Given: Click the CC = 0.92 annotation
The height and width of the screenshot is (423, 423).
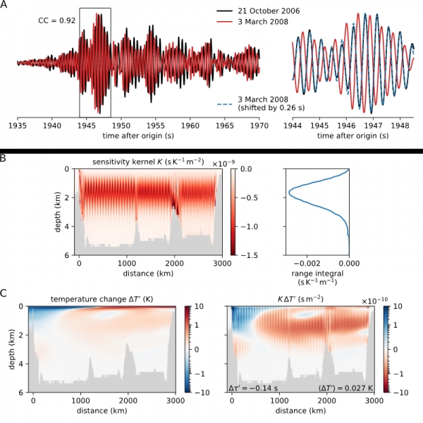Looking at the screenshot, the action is click(57, 20).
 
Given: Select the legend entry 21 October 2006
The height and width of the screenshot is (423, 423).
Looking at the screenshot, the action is click(269, 11).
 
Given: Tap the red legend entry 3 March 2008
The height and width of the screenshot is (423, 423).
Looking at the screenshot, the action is click(263, 22).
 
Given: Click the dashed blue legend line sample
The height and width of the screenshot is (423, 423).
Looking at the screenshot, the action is click(224, 104).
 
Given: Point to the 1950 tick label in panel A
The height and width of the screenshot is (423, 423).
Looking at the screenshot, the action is click(121, 125).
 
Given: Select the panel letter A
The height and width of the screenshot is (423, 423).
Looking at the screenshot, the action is click(4, 5).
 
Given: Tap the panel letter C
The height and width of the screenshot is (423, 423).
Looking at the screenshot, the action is click(3, 293).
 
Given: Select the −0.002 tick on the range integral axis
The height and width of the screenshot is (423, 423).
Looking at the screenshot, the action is click(307, 263).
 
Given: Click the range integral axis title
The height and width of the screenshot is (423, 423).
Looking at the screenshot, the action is click(317, 278).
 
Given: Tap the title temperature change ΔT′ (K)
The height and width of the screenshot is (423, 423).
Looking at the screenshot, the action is click(102, 299).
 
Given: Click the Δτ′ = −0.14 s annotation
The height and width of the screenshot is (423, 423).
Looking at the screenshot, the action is click(253, 388).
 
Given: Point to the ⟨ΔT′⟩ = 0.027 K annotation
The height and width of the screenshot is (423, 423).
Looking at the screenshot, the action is click(345, 388).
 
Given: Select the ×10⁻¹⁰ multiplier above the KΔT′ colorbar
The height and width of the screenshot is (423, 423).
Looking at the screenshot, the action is click(374, 300).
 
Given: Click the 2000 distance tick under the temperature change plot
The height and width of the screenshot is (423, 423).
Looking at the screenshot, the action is click(128, 400).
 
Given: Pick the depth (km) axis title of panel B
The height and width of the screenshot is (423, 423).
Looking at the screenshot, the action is click(58, 211).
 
